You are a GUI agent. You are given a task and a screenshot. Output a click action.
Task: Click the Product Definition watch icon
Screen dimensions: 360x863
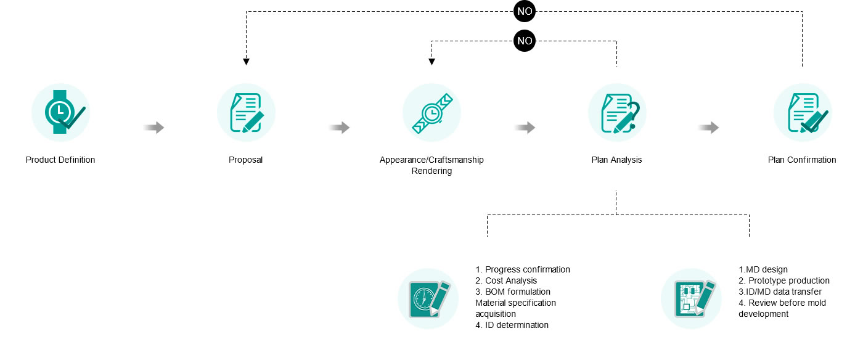pos(60,112)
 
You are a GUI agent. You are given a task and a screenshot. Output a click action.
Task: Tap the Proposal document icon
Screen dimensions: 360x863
pos(246,112)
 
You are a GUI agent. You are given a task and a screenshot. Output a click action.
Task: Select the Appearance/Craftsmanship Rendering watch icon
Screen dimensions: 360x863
pos(431,112)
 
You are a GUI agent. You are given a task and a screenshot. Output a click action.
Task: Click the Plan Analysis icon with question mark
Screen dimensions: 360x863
pos(616,112)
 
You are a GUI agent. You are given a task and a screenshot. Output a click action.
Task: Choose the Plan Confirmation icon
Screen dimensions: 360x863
pos(802,112)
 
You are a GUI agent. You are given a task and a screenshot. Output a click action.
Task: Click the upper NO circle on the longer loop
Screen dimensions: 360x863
pos(524,11)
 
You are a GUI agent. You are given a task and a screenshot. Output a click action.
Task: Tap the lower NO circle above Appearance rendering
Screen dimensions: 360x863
pos(524,41)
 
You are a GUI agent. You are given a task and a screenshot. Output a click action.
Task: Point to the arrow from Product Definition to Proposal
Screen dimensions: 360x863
pos(154,128)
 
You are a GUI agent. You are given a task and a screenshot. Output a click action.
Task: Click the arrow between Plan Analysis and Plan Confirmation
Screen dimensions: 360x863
pos(709,128)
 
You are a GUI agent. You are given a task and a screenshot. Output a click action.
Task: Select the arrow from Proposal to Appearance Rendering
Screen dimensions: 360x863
pos(339,128)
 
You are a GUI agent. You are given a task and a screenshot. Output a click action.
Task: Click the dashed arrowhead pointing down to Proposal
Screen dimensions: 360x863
pos(246,62)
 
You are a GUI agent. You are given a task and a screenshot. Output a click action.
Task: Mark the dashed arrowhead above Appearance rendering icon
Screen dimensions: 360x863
pos(431,62)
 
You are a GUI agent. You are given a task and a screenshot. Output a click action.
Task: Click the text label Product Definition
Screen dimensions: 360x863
pos(60,160)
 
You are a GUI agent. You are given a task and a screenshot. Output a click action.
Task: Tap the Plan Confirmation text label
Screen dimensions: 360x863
pos(802,160)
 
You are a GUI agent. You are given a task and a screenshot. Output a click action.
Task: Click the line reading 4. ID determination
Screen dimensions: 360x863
pos(512,325)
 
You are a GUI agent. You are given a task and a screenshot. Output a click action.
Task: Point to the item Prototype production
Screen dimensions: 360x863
pos(784,280)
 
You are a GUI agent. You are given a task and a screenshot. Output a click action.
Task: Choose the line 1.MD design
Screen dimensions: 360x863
pos(763,269)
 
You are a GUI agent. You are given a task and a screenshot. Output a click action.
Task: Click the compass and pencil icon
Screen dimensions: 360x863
pos(428,298)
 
